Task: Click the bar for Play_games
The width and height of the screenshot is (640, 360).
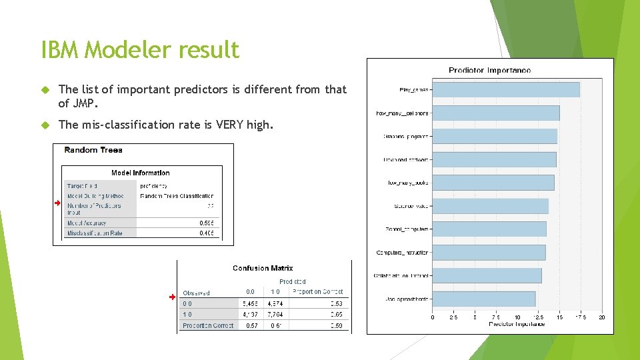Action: pos(505,89)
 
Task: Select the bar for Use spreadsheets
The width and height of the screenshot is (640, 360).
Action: pos(483,299)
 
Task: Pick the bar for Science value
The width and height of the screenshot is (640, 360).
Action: pos(490,206)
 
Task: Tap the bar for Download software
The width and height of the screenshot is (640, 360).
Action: pos(494,159)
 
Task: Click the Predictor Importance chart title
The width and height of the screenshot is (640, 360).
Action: pos(489,70)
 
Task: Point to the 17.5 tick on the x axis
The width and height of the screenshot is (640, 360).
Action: pos(581,318)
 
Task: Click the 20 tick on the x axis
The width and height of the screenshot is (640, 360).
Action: pos(602,318)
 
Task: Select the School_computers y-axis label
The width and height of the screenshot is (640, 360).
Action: pos(407,229)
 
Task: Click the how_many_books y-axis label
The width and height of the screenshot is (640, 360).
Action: pos(408,183)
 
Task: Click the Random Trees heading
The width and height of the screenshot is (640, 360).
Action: pos(93,150)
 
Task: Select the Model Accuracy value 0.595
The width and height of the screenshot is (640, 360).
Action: pos(207,223)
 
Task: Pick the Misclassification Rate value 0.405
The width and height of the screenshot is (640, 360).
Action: pos(207,233)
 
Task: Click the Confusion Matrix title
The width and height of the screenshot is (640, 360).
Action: pos(263,268)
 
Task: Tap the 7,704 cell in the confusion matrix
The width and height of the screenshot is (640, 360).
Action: pos(275,314)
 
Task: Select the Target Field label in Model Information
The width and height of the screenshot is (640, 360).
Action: pos(83,186)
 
